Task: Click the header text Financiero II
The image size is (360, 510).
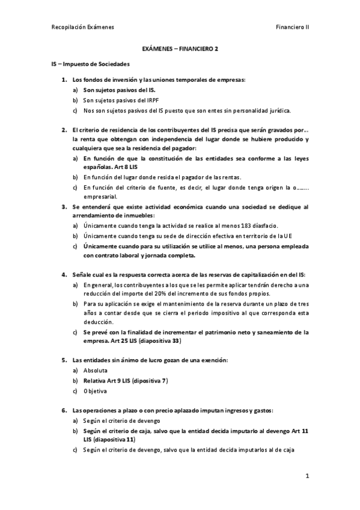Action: pos(292,27)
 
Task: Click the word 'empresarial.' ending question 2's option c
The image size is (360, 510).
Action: pos(100,196)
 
